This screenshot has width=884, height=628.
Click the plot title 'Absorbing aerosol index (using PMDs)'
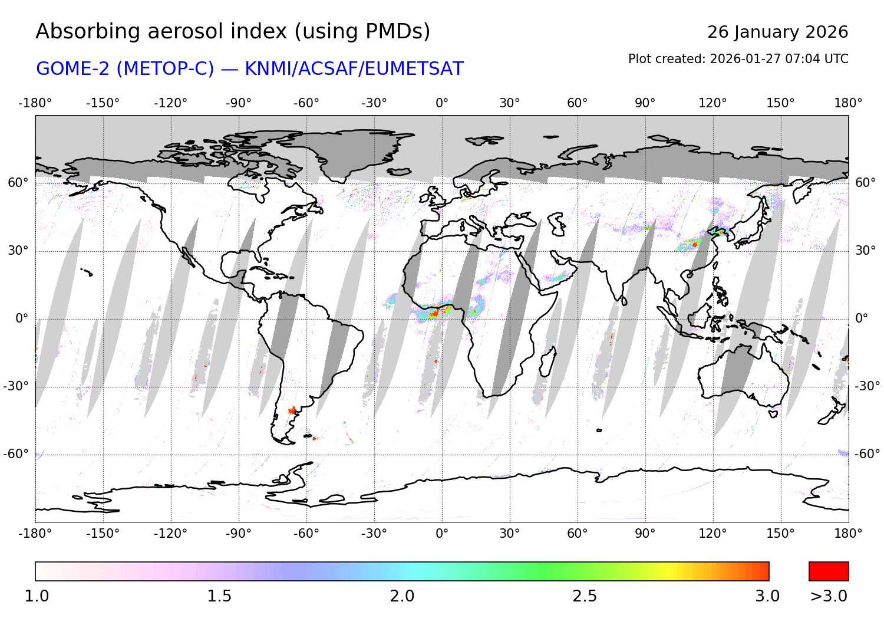tap(233, 32)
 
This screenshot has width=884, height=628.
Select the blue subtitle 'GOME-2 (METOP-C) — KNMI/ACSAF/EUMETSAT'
tap(250, 69)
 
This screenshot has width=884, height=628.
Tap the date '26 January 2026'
tap(777, 32)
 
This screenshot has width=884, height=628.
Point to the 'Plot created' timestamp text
tap(738, 59)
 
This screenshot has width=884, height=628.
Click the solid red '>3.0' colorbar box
tap(829, 571)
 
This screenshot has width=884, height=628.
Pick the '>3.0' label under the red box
tap(829, 596)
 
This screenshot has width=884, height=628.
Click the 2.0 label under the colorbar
tap(402, 596)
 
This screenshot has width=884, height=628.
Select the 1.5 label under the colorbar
tap(219, 596)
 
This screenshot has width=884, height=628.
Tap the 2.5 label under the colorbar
tap(585, 596)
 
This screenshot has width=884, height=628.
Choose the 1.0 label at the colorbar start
tap(37, 596)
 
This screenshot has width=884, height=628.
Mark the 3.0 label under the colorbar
tap(767, 596)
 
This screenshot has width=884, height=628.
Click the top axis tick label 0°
tap(442, 103)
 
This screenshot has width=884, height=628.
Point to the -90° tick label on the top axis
tap(238, 103)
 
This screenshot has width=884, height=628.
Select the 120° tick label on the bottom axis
tap(713, 534)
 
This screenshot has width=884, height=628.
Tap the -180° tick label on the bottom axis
tap(35, 534)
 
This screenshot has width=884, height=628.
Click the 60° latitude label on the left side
tap(18, 183)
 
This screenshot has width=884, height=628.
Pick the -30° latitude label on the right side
tap(867, 386)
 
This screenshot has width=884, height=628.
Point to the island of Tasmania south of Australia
tap(773, 414)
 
